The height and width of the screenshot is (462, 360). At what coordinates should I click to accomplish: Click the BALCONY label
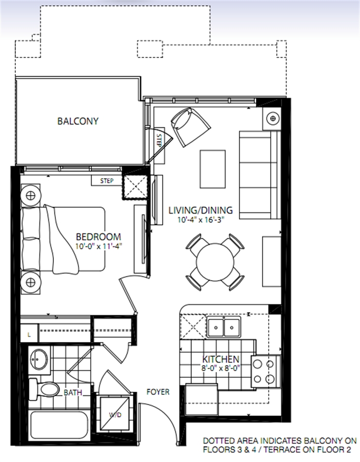click(78, 121)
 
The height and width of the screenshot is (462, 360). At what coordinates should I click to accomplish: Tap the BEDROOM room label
click(98, 237)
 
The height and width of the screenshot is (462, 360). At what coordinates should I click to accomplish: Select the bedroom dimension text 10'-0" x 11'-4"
click(98, 246)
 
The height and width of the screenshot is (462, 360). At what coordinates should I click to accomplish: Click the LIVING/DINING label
click(201, 210)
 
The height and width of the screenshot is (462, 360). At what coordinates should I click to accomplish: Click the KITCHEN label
click(221, 359)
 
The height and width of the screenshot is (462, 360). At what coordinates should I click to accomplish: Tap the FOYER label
click(158, 392)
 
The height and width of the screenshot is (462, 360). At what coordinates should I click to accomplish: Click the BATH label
click(73, 393)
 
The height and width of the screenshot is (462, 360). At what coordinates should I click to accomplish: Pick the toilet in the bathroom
click(44, 389)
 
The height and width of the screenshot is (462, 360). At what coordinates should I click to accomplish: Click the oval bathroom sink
click(39, 359)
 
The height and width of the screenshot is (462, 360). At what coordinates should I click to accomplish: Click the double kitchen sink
click(224, 327)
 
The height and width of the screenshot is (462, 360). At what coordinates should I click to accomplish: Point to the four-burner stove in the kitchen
click(264, 371)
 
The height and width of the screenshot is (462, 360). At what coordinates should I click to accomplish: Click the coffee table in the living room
click(212, 169)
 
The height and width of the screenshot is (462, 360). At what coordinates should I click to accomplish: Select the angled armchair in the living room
click(191, 127)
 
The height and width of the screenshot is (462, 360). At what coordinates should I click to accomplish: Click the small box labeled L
click(29, 334)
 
